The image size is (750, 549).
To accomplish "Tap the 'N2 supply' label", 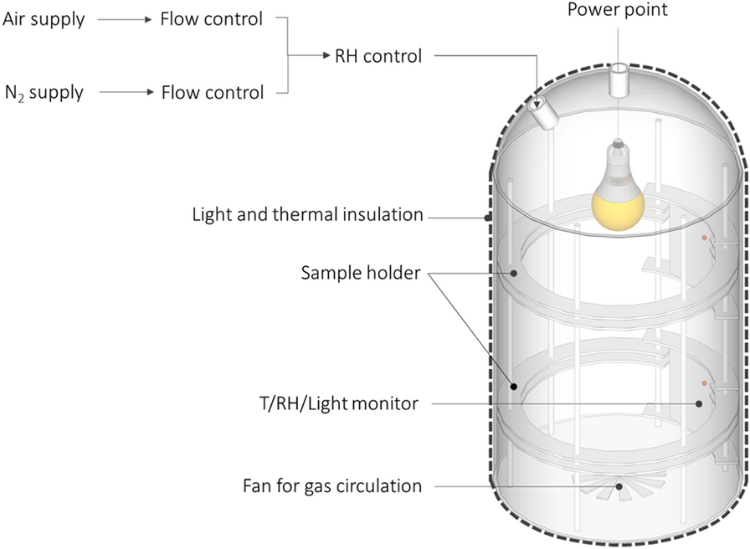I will tap(44, 92).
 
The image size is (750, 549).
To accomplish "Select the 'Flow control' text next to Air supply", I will tap(212, 18).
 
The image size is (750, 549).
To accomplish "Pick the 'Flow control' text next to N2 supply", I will tap(212, 92).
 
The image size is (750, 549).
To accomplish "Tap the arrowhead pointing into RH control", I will tap(325, 57).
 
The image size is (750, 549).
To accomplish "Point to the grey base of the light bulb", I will tap(618, 151).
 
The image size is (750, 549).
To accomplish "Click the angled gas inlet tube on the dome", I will tap(546, 114).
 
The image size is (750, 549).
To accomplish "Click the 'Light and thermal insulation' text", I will tap(306, 214).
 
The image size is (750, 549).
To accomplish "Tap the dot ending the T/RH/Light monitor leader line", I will tap(698, 403).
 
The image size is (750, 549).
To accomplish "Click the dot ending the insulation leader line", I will tap(487, 218).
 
